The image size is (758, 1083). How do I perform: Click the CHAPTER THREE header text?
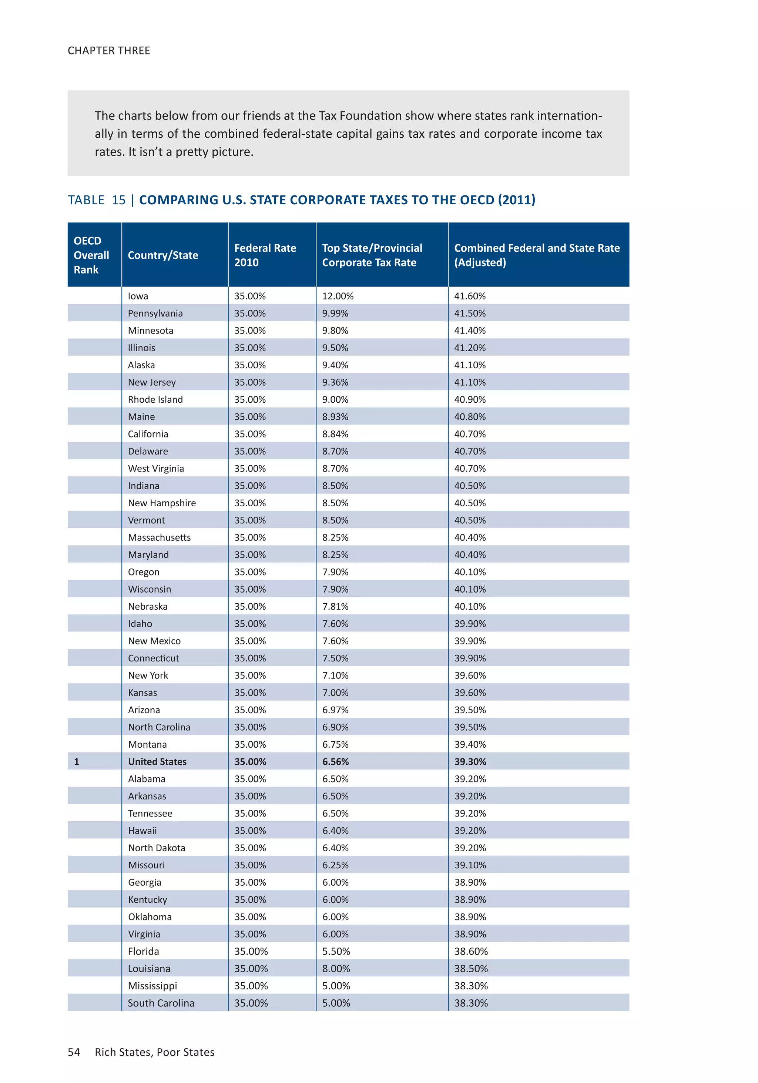click(x=108, y=50)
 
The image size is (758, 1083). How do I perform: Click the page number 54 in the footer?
click(x=74, y=1052)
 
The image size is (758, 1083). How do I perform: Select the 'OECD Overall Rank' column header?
click(x=91, y=255)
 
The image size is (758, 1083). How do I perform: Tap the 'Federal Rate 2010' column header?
click(x=265, y=255)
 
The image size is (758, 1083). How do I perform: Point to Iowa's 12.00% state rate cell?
click(x=337, y=296)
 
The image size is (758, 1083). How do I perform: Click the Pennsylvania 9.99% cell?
click(x=335, y=313)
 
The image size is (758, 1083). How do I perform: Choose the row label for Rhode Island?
click(x=155, y=399)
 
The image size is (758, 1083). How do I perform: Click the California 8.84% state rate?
click(x=335, y=434)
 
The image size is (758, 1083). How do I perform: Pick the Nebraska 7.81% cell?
click(x=335, y=607)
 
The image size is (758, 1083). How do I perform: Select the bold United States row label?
click(x=157, y=762)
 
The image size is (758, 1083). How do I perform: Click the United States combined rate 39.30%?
click(x=470, y=762)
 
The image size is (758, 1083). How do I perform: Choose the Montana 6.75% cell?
click(x=335, y=744)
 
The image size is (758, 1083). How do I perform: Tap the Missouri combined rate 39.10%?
click(x=470, y=865)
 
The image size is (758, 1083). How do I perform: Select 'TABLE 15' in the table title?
click(x=97, y=200)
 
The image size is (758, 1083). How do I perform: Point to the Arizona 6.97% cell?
click(x=335, y=710)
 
